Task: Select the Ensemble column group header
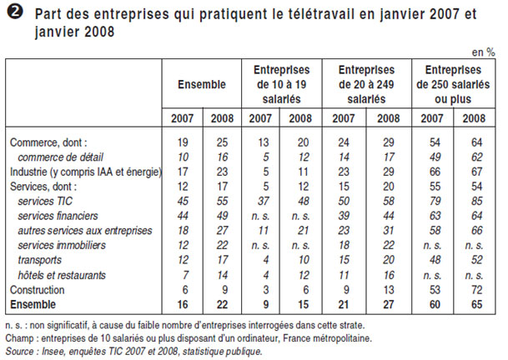pos(201,84)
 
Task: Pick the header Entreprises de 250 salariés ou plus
pos(452,84)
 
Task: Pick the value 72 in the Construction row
pos(475,289)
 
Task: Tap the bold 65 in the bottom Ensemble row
pos(475,304)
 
